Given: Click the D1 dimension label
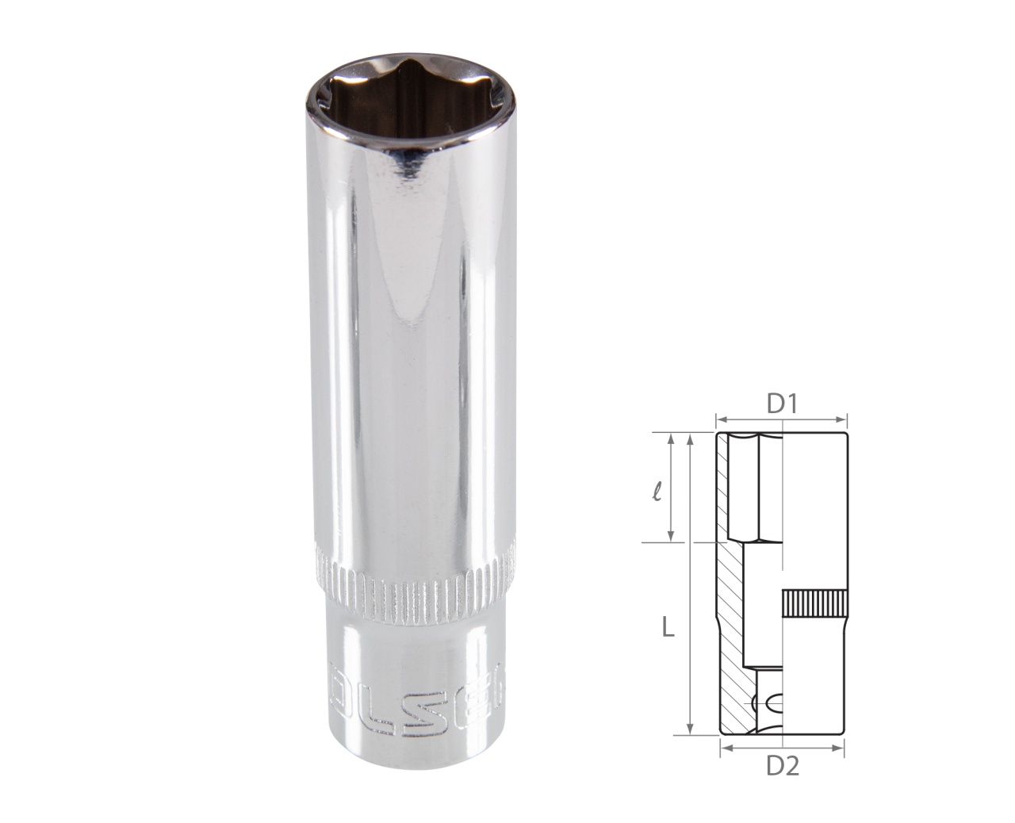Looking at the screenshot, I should [781, 404].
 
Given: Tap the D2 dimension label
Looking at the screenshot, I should [781, 766].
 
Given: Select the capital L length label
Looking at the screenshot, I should [668, 628].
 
